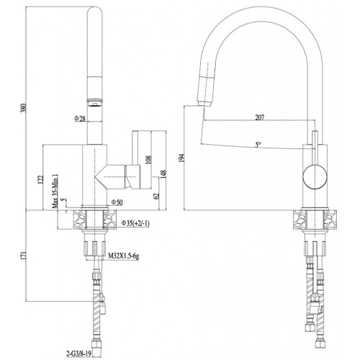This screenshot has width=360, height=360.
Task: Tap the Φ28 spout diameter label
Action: click(x=80, y=118)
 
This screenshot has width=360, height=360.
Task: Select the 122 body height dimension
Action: click(x=41, y=180)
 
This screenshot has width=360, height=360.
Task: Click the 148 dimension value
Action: click(x=163, y=175)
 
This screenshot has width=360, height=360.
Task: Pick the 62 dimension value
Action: click(x=157, y=196)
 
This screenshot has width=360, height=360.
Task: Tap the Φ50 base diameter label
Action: click(x=117, y=202)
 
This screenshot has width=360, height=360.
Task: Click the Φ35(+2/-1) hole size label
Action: click(x=135, y=223)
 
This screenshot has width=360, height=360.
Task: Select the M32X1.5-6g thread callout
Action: click(x=124, y=256)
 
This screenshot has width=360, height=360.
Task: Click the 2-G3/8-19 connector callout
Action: click(x=78, y=354)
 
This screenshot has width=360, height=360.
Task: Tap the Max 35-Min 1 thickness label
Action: click(x=55, y=192)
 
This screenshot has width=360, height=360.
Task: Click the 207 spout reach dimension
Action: click(x=260, y=117)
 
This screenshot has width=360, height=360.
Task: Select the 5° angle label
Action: click(x=258, y=145)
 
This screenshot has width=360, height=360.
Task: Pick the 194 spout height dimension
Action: click(x=182, y=158)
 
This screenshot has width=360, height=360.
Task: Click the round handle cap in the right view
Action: click(x=315, y=177)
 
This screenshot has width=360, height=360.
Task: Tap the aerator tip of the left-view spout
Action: click(x=95, y=102)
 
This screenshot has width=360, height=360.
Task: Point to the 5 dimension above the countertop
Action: click(x=64, y=200)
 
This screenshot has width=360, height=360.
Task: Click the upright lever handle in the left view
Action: click(x=135, y=148)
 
